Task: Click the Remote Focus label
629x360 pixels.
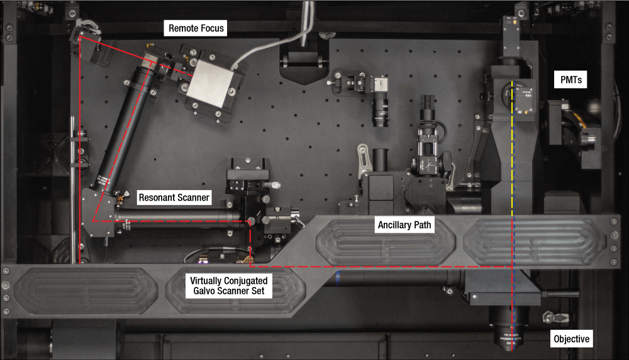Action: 196,28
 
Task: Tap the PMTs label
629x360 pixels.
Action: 570,80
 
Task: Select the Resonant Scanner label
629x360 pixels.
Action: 174,197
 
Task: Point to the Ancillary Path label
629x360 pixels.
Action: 406,224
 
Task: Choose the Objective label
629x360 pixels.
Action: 572,339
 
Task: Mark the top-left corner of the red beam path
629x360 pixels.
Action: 79,37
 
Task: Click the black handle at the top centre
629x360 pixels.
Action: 304,61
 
